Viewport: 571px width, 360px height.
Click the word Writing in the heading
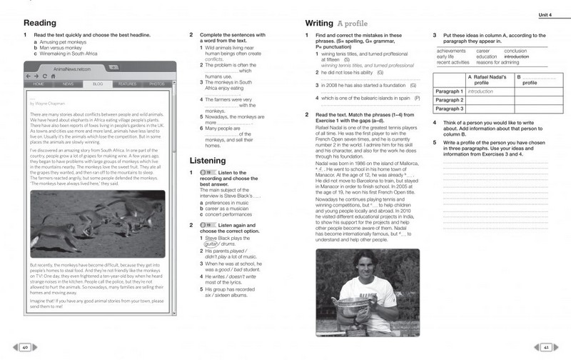pyautogui.click(x=318, y=23)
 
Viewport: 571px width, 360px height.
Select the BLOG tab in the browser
pyautogui.click(x=98, y=84)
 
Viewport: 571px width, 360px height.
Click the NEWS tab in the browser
pyautogui.click(x=68, y=84)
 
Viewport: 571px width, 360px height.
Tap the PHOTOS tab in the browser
pyautogui.click(x=157, y=84)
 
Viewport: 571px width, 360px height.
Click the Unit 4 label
pyautogui.click(x=547, y=16)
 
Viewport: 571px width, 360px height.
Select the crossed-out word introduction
pyautogui.click(x=516, y=56)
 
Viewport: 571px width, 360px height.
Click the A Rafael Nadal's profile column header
pyautogui.click(x=489, y=79)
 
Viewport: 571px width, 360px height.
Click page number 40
pyautogui.click(x=24, y=347)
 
